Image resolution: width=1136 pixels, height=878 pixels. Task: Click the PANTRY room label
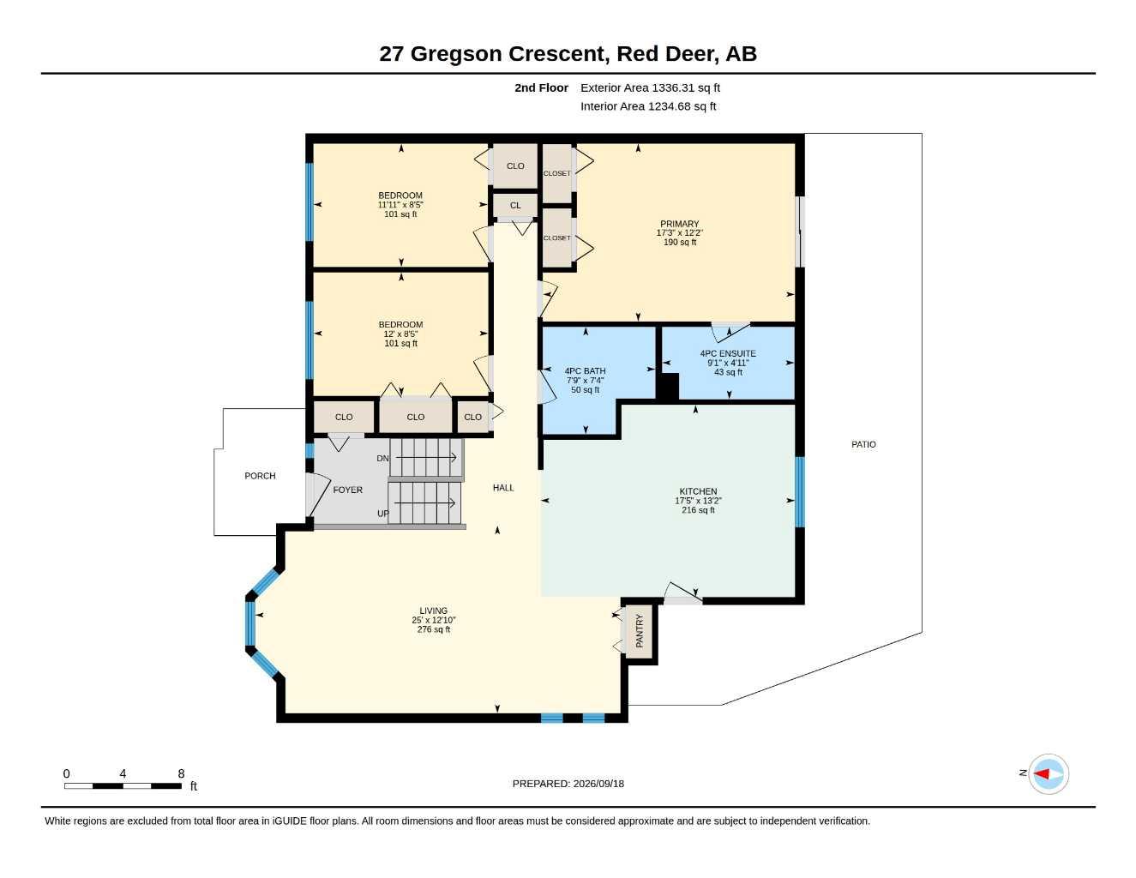pyautogui.click(x=639, y=631)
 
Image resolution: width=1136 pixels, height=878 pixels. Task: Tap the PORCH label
pyautogui.click(x=260, y=476)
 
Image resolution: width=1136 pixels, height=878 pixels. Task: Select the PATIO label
pyautogui.click(x=863, y=444)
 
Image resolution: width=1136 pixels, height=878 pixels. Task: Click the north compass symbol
pyautogui.click(x=1048, y=774)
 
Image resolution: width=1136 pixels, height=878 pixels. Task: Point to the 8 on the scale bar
pyautogui.click(x=181, y=773)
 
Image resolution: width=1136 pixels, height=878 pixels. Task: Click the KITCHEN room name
pyautogui.click(x=698, y=491)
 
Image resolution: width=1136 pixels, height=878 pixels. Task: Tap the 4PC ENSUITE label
pyautogui.click(x=728, y=353)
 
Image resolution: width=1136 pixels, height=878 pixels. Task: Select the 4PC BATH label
pyautogui.click(x=585, y=371)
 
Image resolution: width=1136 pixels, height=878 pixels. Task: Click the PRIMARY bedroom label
pyautogui.click(x=679, y=224)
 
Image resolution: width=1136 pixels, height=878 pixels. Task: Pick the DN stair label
pyautogui.click(x=382, y=459)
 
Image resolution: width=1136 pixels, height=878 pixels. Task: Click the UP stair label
pyautogui.click(x=383, y=514)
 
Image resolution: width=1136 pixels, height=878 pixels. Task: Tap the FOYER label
pyautogui.click(x=347, y=490)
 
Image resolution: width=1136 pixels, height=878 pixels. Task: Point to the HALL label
pyautogui.click(x=503, y=488)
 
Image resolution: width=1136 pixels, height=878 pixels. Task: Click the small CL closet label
pyautogui.click(x=515, y=206)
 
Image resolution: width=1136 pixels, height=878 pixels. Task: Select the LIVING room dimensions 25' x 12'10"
pyautogui.click(x=433, y=620)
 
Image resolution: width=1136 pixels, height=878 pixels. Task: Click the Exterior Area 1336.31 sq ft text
pyautogui.click(x=650, y=87)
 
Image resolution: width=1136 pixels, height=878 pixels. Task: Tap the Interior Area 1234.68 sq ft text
pyautogui.click(x=648, y=106)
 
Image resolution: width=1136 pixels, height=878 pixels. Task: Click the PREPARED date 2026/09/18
pyautogui.click(x=598, y=784)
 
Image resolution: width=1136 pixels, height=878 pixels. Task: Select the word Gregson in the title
pyautogui.click(x=456, y=54)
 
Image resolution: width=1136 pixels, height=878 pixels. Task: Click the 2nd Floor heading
pyautogui.click(x=541, y=87)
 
